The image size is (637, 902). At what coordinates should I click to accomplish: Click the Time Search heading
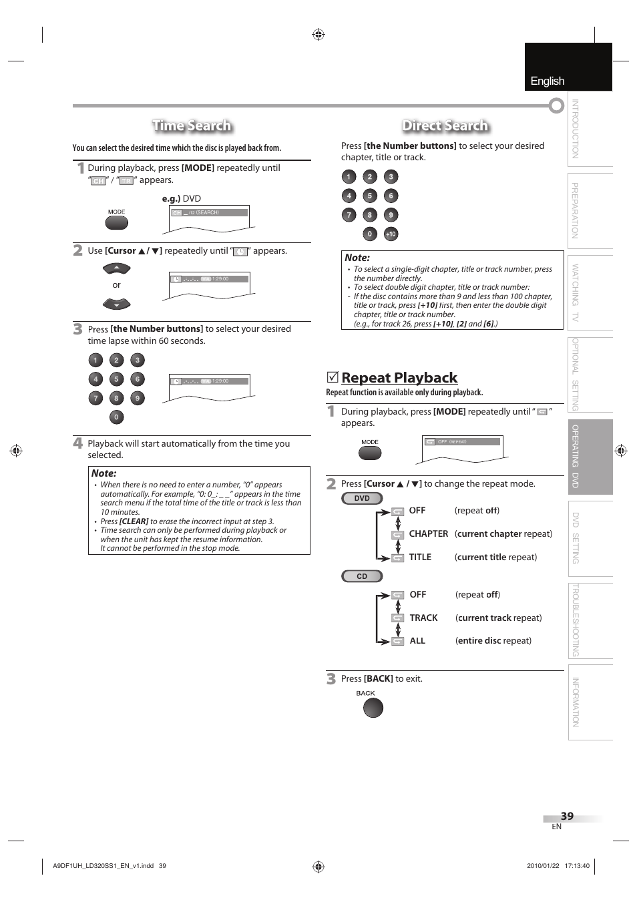192,126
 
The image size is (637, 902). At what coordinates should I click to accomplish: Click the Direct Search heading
445,126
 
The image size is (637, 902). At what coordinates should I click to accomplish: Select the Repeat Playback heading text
399,378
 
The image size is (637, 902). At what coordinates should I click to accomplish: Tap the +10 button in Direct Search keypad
391,234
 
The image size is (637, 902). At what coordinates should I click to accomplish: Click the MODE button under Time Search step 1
116,222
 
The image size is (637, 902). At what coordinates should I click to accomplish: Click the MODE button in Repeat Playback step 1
370,452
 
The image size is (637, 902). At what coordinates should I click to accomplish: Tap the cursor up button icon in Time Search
117,268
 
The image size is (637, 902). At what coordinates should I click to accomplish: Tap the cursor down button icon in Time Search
117,304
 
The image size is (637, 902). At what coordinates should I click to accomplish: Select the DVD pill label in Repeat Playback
362,498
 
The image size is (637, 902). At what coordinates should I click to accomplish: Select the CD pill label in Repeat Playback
362,576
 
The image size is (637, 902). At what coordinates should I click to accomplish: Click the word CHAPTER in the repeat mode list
429,534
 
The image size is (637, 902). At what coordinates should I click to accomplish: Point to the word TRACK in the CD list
423,618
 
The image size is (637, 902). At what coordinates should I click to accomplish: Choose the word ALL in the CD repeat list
417,641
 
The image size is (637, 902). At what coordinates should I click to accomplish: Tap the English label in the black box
548,81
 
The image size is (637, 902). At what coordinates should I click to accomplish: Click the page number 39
567,816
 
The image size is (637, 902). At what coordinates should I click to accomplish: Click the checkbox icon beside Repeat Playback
332,377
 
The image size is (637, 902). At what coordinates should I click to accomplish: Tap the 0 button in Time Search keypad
116,417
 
